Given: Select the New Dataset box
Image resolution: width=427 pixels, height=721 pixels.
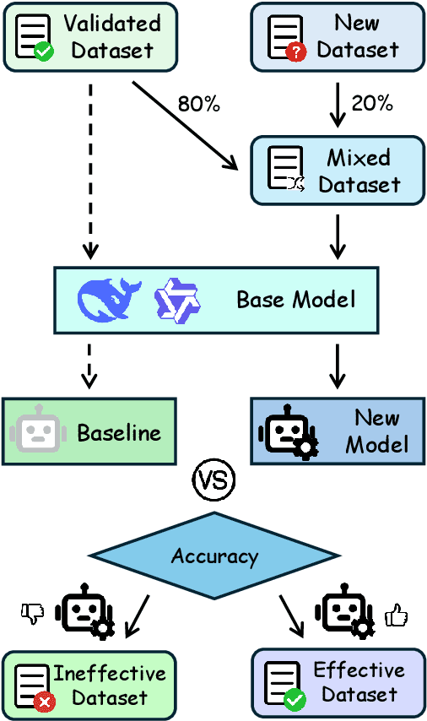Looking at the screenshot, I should pyautogui.click(x=338, y=36).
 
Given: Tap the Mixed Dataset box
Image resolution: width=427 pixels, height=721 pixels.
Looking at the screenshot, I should pyautogui.click(x=338, y=171).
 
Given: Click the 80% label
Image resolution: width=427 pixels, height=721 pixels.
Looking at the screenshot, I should pyautogui.click(x=198, y=104).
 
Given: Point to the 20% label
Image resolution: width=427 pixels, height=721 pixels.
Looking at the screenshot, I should pyautogui.click(x=372, y=103).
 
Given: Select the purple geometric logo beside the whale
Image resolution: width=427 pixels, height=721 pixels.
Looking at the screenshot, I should pyautogui.click(x=176, y=301).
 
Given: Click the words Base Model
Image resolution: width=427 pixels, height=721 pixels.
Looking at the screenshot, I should pyautogui.click(x=295, y=300).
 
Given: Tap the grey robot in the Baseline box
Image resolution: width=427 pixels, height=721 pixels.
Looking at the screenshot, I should pyautogui.click(x=36, y=432).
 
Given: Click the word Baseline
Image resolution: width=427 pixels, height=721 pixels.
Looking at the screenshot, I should pyautogui.click(x=119, y=433).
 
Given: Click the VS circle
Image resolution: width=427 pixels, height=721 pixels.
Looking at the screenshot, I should pyautogui.click(x=213, y=480).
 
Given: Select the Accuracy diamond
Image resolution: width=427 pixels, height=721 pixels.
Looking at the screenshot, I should pyautogui.click(x=213, y=556).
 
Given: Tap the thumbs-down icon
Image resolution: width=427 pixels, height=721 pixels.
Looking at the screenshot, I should pyautogui.click(x=32, y=614).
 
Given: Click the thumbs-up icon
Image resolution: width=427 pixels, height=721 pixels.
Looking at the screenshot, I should pyautogui.click(x=396, y=616).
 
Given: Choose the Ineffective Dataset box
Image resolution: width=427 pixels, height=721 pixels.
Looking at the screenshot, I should pyautogui.click(x=89, y=685).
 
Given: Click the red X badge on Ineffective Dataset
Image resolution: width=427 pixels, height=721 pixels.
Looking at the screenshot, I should pyautogui.click(x=43, y=700).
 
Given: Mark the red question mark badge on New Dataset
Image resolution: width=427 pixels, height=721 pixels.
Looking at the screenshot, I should pyautogui.click(x=295, y=53).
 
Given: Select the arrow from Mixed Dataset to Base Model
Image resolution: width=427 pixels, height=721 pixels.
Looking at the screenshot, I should pyautogui.click(x=338, y=236).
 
